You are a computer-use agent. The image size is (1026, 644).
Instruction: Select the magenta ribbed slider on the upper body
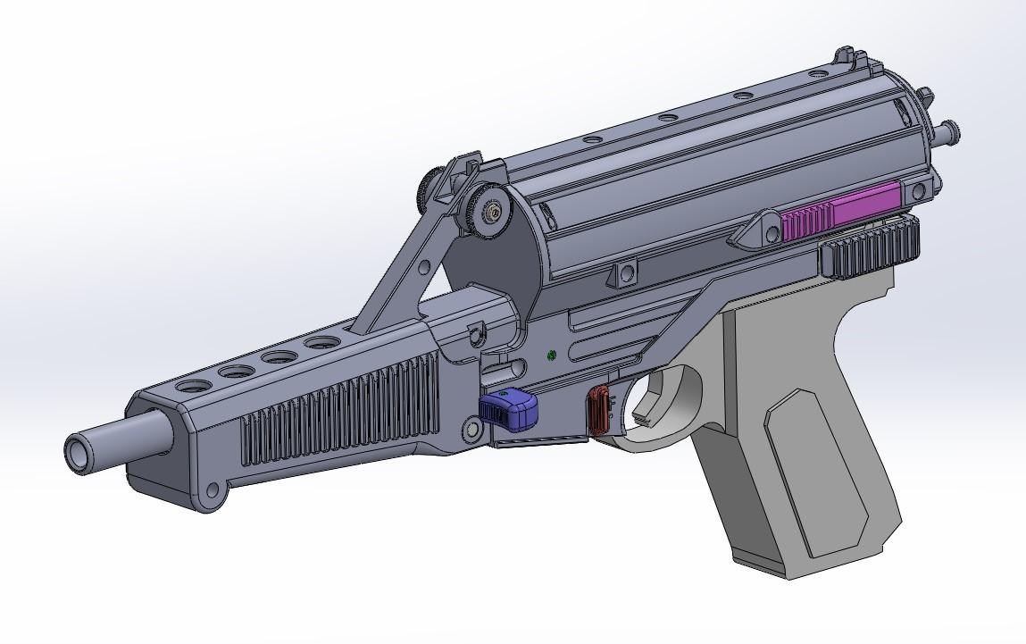[839, 212]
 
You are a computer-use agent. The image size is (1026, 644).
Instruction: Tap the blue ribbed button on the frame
[509, 408]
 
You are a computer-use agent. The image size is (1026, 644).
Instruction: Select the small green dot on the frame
[552, 355]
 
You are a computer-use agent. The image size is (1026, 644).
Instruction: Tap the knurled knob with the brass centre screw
[488, 212]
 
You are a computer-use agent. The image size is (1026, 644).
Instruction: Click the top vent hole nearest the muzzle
[193, 387]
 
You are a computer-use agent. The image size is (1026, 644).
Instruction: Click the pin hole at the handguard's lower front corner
[212, 490]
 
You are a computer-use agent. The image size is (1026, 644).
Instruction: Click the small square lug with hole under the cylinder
[625, 272]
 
